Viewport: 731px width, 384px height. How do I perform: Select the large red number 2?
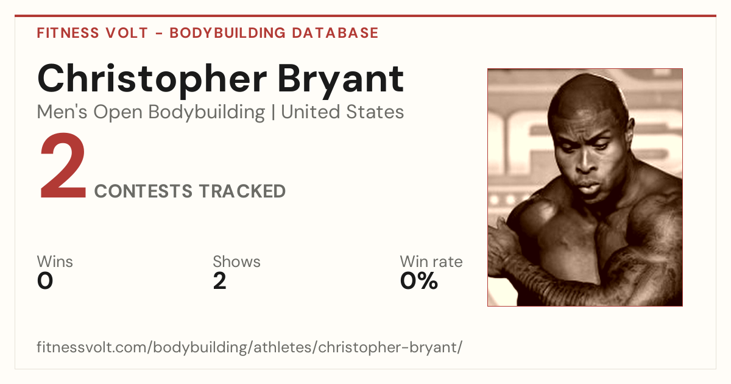63,166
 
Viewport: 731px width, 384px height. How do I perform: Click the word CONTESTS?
143,191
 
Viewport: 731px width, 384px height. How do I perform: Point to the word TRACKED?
242,191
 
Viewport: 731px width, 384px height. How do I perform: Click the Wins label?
55,261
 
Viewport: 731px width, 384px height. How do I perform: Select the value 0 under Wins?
45,281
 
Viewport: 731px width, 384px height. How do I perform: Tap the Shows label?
236,261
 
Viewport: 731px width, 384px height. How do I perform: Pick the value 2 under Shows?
220,281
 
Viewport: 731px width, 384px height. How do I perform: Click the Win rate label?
431,261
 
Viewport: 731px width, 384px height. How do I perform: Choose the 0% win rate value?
419,281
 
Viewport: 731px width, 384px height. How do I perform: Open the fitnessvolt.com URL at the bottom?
250,347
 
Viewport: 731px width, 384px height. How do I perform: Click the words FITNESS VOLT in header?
93,33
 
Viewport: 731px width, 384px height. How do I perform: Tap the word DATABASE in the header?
335,33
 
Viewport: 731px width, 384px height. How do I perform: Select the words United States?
342,112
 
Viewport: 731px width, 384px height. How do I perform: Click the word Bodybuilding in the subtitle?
207,113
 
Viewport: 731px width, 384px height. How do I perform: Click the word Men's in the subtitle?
62,112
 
